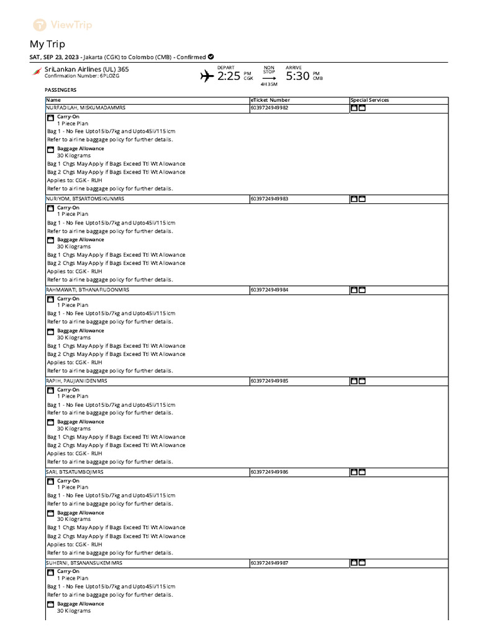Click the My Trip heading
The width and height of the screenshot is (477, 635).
point(47,44)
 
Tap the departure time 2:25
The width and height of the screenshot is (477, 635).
point(228,76)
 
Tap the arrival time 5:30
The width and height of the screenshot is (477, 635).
point(297,76)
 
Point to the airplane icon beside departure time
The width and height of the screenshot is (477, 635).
point(207,76)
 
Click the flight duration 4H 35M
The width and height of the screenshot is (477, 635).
point(269,84)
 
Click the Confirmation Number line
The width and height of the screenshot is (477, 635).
point(81,76)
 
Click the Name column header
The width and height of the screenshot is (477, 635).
point(53,100)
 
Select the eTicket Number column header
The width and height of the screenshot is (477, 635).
point(270,100)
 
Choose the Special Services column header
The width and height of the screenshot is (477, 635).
point(370,100)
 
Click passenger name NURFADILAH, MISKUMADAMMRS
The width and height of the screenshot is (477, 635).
point(86,108)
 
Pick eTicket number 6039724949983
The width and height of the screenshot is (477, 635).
point(270,199)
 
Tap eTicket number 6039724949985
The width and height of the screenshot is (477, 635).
point(270,381)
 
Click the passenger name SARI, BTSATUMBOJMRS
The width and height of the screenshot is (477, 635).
point(75,472)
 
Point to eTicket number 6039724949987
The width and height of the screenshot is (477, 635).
point(270,563)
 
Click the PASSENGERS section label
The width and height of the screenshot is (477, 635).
point(61,90)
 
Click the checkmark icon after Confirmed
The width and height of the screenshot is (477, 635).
point(211,57)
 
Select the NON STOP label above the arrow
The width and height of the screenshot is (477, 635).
point(269,69)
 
